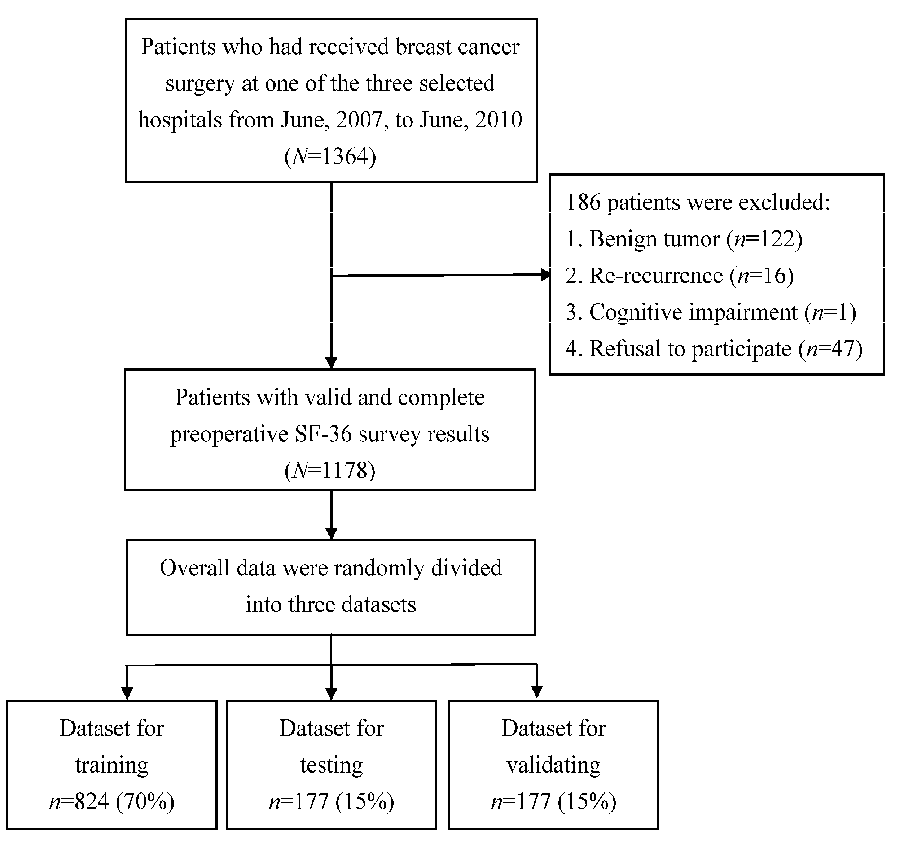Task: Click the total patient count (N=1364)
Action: (x=330, y=157)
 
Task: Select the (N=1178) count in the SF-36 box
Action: (x=330, y=470)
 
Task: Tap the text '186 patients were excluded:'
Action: (x=698, y=202)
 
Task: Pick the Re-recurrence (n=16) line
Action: (x=679, y=275)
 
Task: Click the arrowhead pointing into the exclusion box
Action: (x=545, y=274)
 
